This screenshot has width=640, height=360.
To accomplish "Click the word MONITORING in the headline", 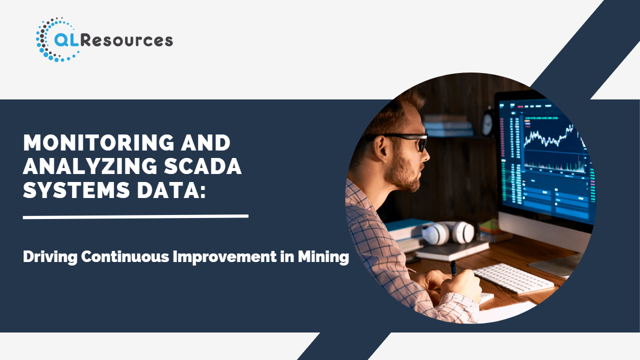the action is tap(98, 142).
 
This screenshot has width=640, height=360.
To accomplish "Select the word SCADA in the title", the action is tap(203, 166).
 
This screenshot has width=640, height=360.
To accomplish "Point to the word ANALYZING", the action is tap(90, 166).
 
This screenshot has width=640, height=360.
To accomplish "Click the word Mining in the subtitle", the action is tap(323, 257).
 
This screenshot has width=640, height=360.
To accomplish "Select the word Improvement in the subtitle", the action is tap(224, 257).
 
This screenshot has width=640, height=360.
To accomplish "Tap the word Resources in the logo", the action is tap(127, 40).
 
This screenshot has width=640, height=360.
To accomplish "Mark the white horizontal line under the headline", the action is tap(135, 217).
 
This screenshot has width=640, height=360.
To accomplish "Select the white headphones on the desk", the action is tap(448, 233).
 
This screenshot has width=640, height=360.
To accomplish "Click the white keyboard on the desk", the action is tap(513, 278).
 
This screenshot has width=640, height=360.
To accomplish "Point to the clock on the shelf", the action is tap(487, 123).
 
